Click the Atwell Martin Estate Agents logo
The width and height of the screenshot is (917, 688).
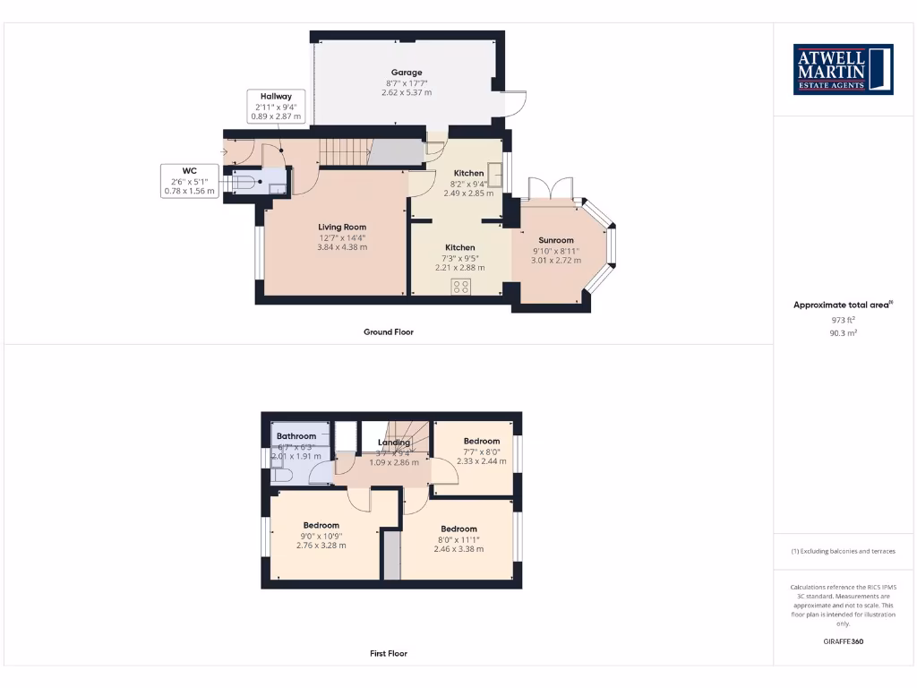[844, 69]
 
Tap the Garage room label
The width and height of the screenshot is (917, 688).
[406, 73]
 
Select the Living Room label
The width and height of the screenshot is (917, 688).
[342, 228]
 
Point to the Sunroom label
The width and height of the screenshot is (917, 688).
[555, 240]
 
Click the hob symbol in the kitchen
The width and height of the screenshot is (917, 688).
[461, 287]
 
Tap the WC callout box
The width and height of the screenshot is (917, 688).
[189, 181]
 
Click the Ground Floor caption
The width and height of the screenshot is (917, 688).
[389, 332]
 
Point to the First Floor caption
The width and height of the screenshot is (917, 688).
[389, 654]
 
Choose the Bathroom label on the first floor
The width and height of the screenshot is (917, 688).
[296, 436]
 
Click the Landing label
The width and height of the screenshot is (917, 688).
[394, 443]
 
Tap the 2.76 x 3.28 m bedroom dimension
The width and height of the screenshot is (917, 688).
[321, 546]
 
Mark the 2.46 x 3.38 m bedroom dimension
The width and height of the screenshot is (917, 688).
[458, 549]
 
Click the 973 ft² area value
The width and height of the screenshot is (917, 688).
[843, 320]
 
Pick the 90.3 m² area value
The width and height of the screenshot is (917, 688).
[843, 332]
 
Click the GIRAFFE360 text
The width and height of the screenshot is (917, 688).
[843, 641]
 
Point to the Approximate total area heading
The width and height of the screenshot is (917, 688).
[842, 305]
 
